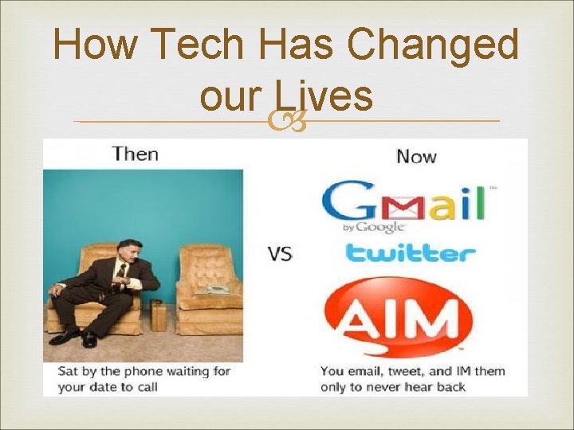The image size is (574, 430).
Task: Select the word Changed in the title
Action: tap(434, 45)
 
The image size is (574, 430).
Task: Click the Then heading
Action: tap(135, 153)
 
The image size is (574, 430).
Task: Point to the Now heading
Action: tap(416, 155)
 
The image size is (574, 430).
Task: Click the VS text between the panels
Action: tap(280, 254)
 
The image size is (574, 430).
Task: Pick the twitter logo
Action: tap(409, 254)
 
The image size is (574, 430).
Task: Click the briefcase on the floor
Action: tap(159, 315)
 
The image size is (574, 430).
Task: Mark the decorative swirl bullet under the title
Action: tap(286, 121)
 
